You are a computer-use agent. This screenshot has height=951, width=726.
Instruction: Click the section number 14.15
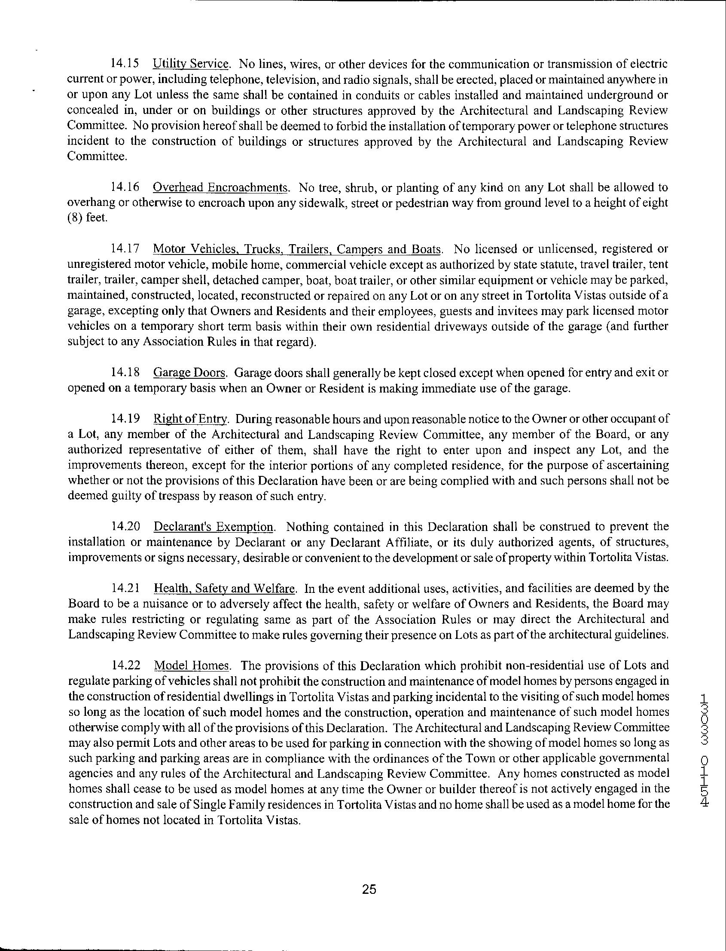point(125,64)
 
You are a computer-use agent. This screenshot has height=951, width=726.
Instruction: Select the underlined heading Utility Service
point(191,64)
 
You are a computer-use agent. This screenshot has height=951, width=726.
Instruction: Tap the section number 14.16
point(125,187)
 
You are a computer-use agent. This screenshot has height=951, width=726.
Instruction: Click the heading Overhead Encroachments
point(221,187)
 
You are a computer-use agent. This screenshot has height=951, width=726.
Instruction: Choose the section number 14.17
point(125,248)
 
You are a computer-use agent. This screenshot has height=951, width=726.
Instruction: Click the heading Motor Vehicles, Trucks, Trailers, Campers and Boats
point(297,249)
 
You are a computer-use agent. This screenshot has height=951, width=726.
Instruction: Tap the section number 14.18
point(125,372)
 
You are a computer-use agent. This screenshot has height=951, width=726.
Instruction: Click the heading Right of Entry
point(190,419)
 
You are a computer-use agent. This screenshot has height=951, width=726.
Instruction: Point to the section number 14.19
point(125,419)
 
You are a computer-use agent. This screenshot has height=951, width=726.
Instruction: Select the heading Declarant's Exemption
point(214,527)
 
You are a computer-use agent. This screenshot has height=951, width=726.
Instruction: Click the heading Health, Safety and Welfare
point(225,589)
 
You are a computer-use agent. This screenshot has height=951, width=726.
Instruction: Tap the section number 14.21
point(125,589)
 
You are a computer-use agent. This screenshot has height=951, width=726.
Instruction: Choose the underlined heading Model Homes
point(192,665)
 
